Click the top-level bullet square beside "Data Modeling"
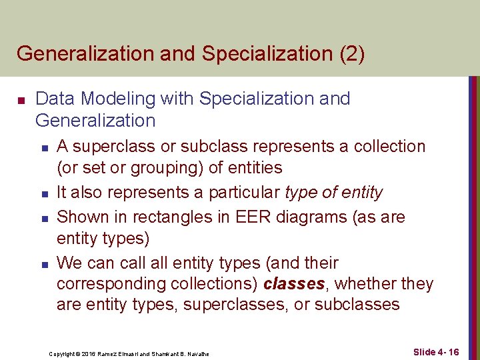point(21,100)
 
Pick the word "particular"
point(244,193)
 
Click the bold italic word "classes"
point(293,284)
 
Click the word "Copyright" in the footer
point(62,353)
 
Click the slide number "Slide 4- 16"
point(435,351)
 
